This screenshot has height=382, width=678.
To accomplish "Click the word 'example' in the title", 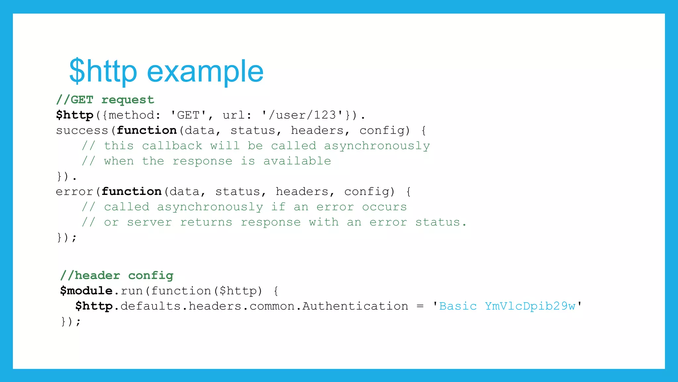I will pyautogui.click(x=205, y=71).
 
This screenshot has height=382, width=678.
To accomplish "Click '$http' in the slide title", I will pyautogui.click(x=103, y=71).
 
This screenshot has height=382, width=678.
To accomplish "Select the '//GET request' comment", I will pyautogui.click(x=105, y=100).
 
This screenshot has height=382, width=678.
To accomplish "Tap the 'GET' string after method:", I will pyautogui.click(x=188, y=115).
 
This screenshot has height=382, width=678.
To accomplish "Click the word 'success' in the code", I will pyautogui.click(x=82, y=130).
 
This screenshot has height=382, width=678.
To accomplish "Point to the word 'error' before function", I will pyautogui.click(x=74, y=192).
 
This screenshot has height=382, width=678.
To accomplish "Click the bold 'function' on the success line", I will pyautogui.click(x=147, y=130).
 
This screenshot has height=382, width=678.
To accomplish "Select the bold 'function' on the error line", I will pyautogui.click(x=131, y=192).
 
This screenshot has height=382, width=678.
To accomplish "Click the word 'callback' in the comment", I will pyautogui.click(x=172, y=146).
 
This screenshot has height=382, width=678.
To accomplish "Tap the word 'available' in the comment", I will pyautogui.click(x=297, y=161).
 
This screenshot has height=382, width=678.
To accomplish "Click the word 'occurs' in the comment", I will pyautogui.click(x=384, y=207).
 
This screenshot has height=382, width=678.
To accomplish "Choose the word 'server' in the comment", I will pyautogui.click(x=149, y=222).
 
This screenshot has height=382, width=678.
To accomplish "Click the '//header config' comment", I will pyautogui.click(x=117, y=275).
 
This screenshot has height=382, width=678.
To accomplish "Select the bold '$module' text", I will pyautogui.click(x=86, y=291).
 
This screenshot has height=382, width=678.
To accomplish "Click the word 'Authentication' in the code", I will pyautogui.click(x=355, y=306).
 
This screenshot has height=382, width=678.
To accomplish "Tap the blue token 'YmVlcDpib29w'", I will pyautogui.click(x=530, y=306).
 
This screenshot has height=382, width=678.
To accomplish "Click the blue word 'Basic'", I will pyautogui.click(x=458, y=306).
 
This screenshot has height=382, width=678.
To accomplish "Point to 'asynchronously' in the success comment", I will pyautogui.click(x=377, y=146).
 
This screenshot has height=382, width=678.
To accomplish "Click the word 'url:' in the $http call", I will pyautogui.click(x=237, y=115).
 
